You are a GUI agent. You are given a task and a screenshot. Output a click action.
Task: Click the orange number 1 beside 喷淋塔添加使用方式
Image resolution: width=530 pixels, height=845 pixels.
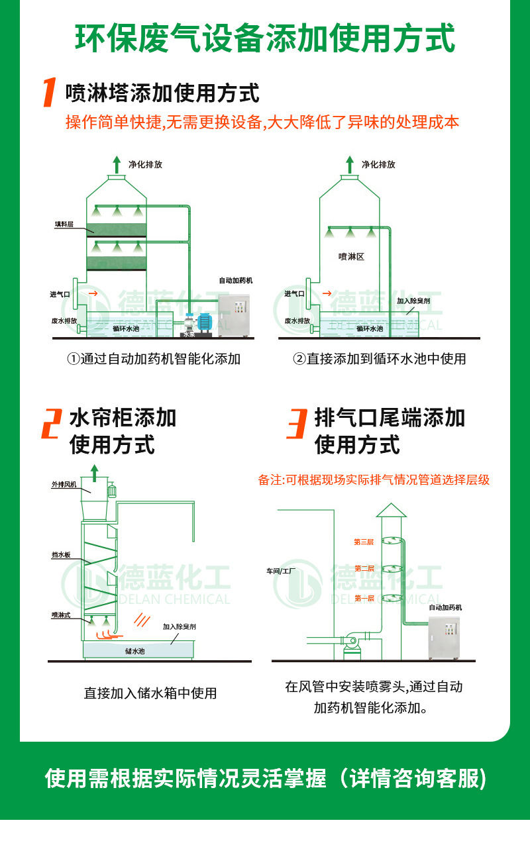coord(48,93)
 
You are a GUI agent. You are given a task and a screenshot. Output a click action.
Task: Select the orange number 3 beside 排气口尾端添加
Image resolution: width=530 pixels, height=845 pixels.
coord(296,424)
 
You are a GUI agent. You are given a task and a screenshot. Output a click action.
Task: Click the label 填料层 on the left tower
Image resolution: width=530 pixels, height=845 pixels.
coord(64,224)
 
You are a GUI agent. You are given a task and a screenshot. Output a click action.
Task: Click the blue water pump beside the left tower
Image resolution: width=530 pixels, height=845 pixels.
coord(204,322)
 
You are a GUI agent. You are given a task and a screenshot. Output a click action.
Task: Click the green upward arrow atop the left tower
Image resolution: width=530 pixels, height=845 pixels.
coord(117,163)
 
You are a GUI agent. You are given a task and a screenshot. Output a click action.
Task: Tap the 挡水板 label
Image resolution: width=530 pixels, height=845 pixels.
coord(61,555)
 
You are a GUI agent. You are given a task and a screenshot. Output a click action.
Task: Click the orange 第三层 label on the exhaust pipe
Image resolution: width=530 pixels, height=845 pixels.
coord(364,542)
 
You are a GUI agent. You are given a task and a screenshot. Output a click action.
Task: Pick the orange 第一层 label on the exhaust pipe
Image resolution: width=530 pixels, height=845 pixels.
coord(364,598)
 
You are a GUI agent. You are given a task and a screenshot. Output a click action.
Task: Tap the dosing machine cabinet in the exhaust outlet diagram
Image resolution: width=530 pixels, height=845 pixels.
coord(452,638)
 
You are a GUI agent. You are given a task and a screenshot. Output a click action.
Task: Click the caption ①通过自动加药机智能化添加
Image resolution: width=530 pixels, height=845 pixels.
coord(153,359)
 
